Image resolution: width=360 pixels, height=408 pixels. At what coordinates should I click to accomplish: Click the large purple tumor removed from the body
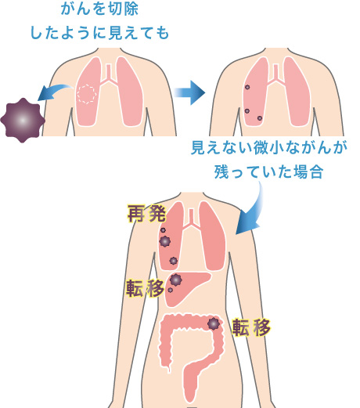pyautogui.click(x=23, y=121)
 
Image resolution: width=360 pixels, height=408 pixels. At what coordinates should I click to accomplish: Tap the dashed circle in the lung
pyautogui.click(x=86, y=94)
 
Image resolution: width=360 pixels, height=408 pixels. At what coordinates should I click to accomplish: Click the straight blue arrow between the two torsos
pyautogui.click(x=189, y=92)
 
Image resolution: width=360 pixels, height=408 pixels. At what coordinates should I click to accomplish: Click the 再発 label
pyautogui.click(x=147, y=213)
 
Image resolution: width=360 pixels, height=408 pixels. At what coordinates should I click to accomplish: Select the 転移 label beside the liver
pyautogui.click(x=146, y=288)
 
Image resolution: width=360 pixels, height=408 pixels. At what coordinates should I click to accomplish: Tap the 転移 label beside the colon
pyautogui.click(x=251, y=327)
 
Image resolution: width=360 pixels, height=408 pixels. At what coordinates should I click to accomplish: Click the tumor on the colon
pyautogui.click(x=214, y=323)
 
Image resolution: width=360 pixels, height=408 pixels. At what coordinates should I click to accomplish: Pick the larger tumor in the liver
pyautogui.click(x=175, y=280)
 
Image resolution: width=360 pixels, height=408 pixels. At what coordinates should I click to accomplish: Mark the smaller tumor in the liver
pyautogui.click(x=171, y=290)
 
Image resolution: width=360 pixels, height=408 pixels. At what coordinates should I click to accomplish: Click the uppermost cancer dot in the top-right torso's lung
pyautogui.click(x=247, y=87)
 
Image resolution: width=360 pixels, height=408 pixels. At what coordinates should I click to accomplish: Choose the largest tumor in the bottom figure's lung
pyautogui.click(x=165, y=241)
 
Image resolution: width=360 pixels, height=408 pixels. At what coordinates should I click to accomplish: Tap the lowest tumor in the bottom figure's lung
pyautogui.click(x=174, y=261)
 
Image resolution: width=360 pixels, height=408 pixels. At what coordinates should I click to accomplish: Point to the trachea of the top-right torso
pyautogui.click(x=275, y=74)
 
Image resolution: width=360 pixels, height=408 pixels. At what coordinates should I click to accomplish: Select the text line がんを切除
pyautogui.click(x=99, y=9)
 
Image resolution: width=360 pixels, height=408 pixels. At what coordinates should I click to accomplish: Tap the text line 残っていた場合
pyautogui.click(x=268, y=172)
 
